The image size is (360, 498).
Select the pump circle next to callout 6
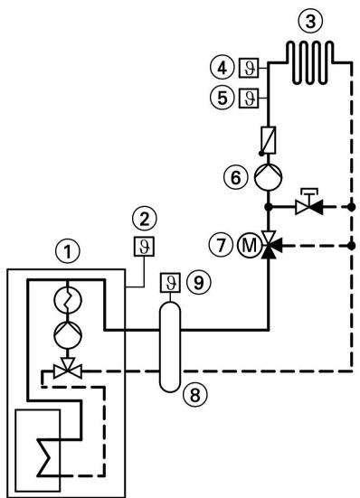[269, 177]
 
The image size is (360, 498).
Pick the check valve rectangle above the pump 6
[269, 140]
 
